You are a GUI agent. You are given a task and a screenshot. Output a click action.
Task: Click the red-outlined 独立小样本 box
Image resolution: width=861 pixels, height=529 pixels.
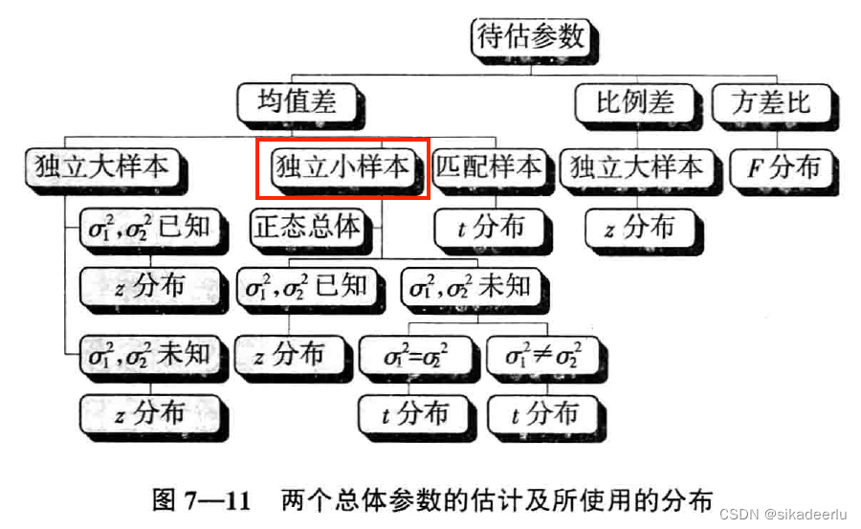pos(342,166)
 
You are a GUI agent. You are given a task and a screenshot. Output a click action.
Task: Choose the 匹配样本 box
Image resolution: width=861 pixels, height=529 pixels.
pos(488,166)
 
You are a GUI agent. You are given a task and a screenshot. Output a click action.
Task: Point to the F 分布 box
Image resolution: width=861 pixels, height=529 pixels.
pos(783,168)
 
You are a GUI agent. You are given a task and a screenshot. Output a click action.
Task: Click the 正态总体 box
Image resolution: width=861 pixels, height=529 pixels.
pos(307,227)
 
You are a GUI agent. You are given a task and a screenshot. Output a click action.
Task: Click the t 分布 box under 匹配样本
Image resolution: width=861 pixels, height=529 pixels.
pos(491,228)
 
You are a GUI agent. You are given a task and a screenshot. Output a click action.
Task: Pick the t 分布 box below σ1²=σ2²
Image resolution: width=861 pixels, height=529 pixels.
pos(414,413)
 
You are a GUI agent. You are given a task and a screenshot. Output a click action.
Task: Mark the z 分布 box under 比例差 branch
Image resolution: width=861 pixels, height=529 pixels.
pos(640,228)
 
